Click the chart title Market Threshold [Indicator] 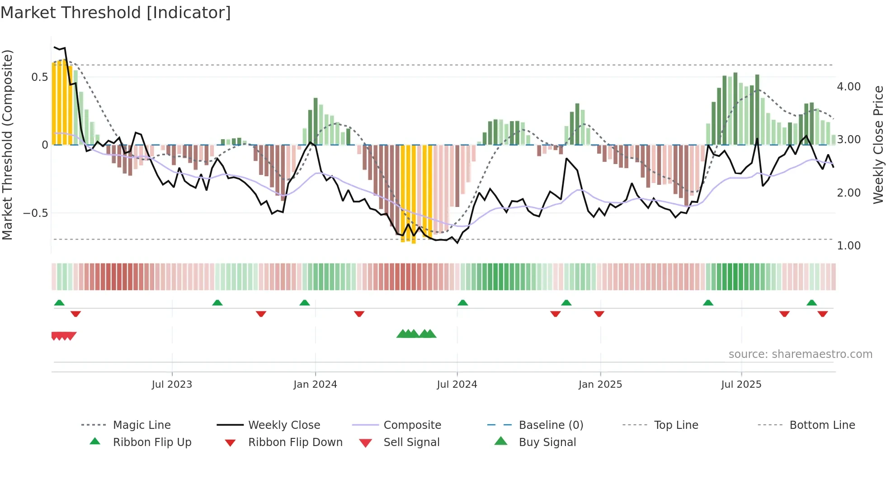(x=116, y=13)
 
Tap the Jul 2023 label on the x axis (x=172, y=385)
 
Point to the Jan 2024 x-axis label (x=315, y=385)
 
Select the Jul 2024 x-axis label (x=457, y=385)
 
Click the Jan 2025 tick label (x=600, y=385)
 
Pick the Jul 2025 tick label (x=741, y=385)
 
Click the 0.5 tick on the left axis (x=40, y=77)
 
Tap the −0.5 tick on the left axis (x=36, y=213)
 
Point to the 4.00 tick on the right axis (x=848, y=87)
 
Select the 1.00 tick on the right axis (x=848, y=246)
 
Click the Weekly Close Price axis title (x=878, y=145)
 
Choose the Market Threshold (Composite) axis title (x=8, y=145)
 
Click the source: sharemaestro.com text (x=800, y=354)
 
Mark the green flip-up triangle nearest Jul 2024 (x=462, y=303)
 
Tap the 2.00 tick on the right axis (x=848, y=193)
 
